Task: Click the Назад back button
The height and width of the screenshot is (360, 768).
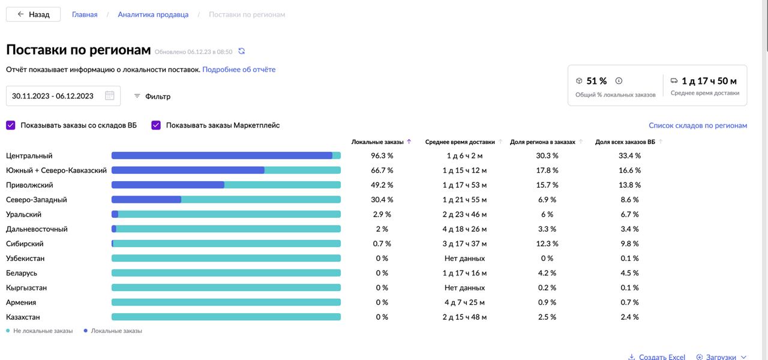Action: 33,14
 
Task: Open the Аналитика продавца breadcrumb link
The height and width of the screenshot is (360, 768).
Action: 153,14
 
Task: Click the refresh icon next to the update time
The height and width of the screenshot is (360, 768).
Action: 242,52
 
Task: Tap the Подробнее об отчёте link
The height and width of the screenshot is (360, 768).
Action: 239,70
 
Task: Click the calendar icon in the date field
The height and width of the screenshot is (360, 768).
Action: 110,96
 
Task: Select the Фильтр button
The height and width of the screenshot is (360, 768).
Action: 152,96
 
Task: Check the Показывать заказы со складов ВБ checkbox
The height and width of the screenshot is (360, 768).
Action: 11,125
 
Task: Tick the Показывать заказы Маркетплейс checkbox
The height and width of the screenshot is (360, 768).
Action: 156,125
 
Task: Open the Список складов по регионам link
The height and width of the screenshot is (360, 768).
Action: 698,125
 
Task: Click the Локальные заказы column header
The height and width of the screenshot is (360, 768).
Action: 377,142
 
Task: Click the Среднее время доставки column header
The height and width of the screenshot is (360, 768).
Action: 460,142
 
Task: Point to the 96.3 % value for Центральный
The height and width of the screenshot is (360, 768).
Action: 382,156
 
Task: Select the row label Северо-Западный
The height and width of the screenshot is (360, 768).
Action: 37,200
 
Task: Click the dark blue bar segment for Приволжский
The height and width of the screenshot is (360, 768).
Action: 168,185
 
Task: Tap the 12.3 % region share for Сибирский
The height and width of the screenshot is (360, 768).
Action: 547,244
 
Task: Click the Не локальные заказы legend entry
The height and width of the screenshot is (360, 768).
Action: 43,331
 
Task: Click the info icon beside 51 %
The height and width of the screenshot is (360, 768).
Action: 619,81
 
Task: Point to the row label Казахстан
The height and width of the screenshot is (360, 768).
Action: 23,317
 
